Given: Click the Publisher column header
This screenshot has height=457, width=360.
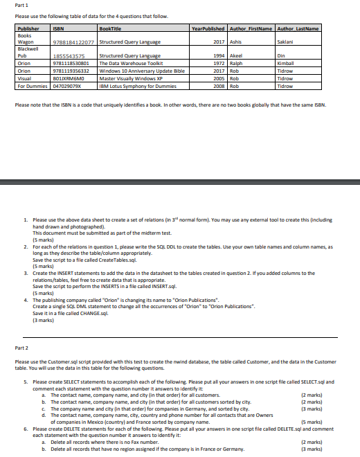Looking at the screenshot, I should point(28,29).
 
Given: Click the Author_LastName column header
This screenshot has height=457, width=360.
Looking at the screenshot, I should point(297,29).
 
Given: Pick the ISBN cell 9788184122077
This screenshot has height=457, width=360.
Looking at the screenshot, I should point(69,42).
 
